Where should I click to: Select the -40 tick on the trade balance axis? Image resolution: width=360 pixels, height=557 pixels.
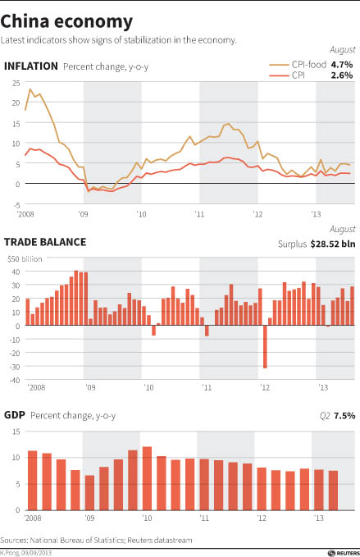[13, 380]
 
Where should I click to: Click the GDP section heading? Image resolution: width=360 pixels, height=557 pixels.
[15, 416]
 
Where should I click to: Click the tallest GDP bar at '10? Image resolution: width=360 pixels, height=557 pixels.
[148, 479]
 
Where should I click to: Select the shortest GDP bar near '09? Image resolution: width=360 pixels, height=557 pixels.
[89, 493]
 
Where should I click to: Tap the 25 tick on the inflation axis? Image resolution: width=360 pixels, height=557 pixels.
[15, 83]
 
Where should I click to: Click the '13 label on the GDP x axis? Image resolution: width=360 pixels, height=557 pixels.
[317, 518]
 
